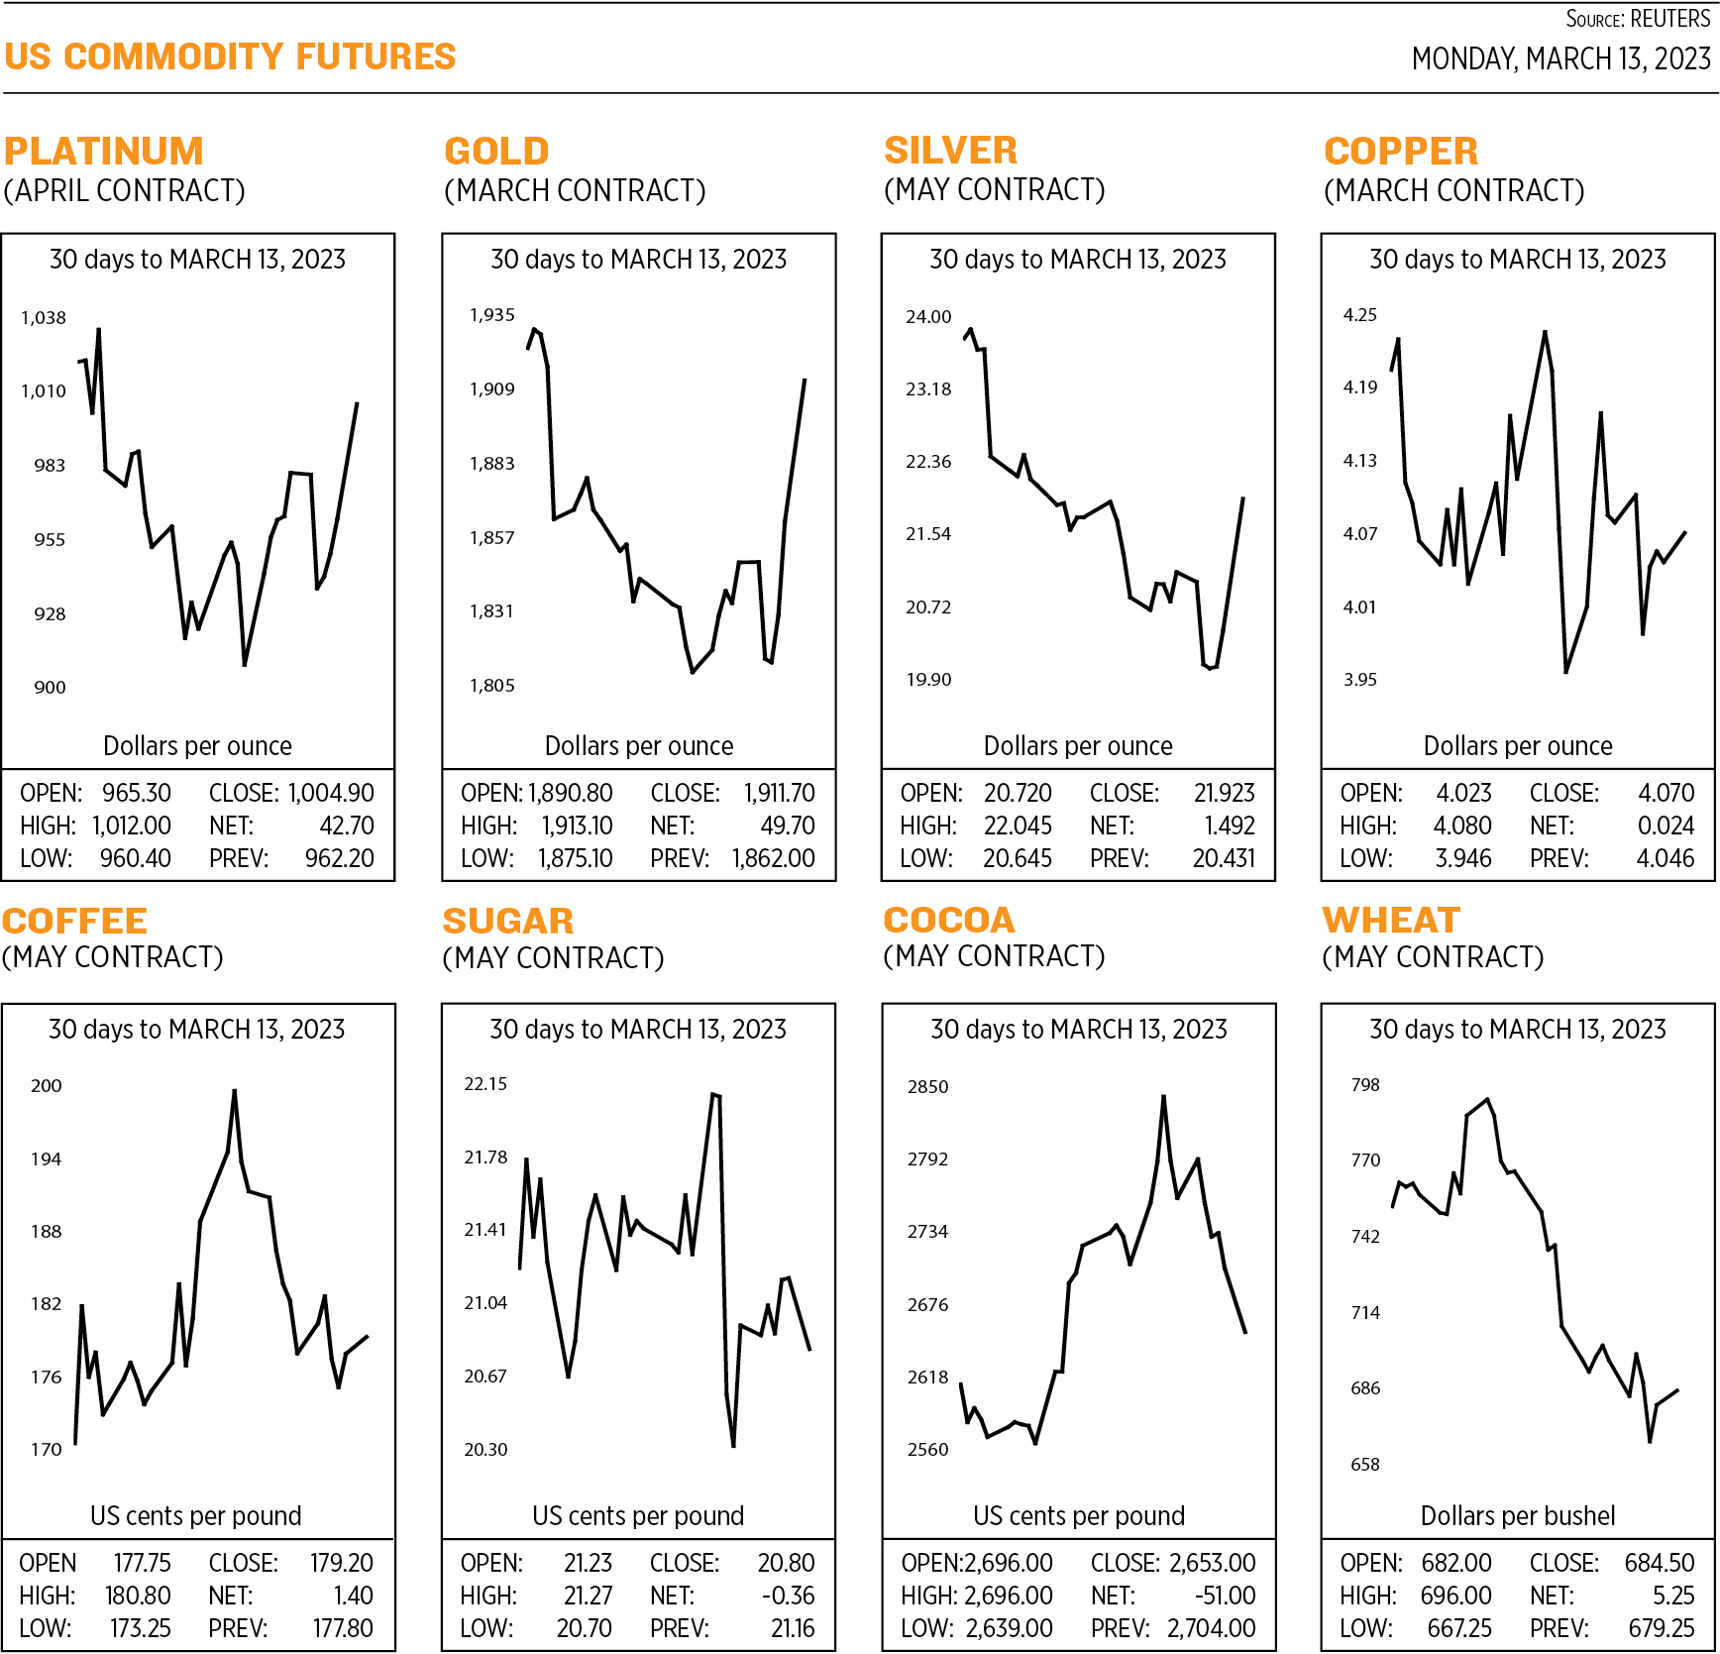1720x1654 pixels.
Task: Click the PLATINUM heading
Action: tap(104, 152)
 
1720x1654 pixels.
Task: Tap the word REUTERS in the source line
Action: tap(1669, 19)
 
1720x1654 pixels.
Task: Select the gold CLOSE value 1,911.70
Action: tap(780, 793)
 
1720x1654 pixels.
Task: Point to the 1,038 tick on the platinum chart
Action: tap(44, 318)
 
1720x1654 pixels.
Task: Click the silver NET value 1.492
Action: tap(1230, 826)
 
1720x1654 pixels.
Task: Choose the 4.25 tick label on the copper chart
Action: tap(1359, 315)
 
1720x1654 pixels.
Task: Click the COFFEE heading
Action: tap(75, 922)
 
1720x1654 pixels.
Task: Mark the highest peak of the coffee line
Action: tap(235, 1091)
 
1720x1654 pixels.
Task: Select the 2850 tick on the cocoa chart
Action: tap(927, 1087)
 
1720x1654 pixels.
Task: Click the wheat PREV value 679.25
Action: tap(1662, 1628)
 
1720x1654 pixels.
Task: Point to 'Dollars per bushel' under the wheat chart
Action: tap(1517, 1515)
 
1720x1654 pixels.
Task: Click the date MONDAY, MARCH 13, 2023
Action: tap(1560, 59)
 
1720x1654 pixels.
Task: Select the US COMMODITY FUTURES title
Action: tap(230, 57)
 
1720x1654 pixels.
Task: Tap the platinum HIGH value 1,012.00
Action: tap(132, 826)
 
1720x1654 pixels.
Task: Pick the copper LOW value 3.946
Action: tap(1463, 858)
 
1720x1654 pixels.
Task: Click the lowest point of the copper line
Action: tap(1565, 672)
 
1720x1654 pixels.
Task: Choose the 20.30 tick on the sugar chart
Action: tap(485, 1449)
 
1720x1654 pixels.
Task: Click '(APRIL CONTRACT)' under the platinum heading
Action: tap(125, 190)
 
